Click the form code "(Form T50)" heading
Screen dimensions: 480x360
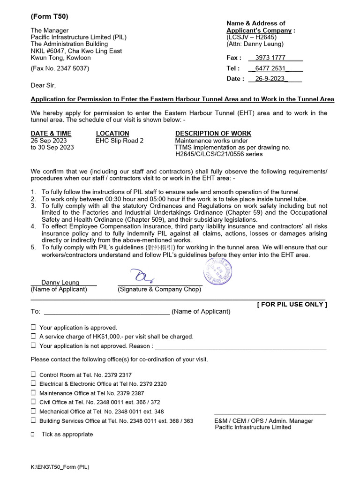click(50, 16)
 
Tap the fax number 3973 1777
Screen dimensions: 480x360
click(270, 58)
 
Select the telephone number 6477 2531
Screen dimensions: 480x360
click(270, 68)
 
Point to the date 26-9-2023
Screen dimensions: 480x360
click(270, 78)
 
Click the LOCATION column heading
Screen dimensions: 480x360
click(112, 134)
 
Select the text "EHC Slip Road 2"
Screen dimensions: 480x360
click(120, 141)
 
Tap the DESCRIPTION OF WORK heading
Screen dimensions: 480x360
click(213, 134)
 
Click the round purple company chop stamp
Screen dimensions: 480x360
click(217, 271)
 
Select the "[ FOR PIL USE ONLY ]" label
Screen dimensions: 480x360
click(292, 304)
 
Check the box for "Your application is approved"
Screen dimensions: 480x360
click(33, 327)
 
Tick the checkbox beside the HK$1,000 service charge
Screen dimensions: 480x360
click(33, 336)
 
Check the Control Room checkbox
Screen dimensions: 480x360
click(33, 375)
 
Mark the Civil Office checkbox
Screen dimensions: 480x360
click(33, 402)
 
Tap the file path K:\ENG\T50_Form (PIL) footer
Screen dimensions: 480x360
click(60, 467)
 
